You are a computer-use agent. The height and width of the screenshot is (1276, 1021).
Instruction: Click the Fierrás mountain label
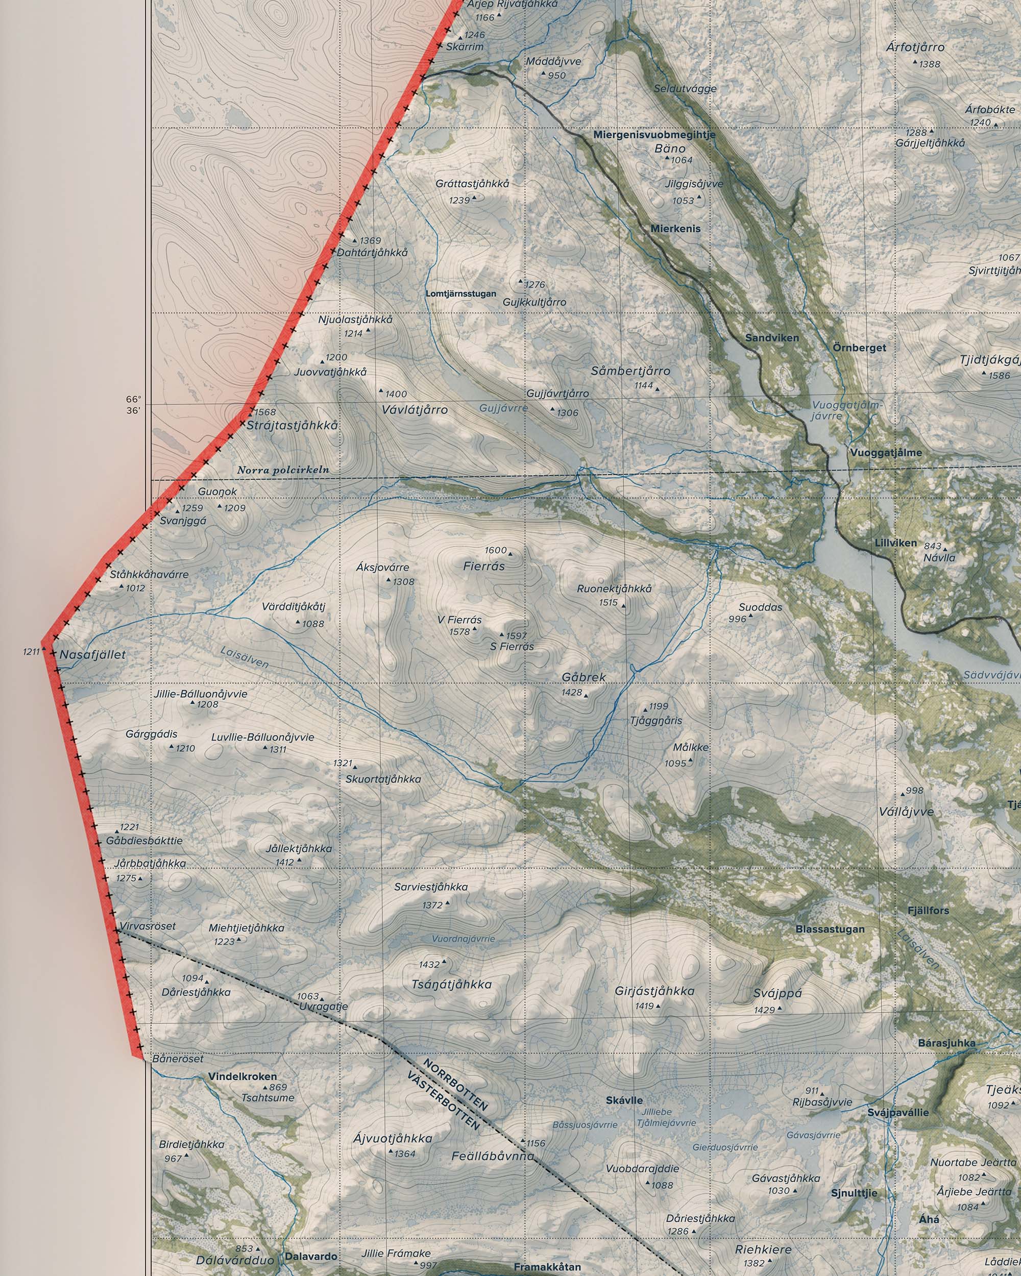point(483,567)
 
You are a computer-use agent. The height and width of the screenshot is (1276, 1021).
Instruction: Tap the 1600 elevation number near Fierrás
point(495,550)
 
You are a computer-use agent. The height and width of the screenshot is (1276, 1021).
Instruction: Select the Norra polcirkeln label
point(283,471)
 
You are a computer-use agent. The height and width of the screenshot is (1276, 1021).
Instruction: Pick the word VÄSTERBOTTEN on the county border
point(445,1101)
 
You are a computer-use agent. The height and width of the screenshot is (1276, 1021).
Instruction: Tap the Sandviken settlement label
point(772,338)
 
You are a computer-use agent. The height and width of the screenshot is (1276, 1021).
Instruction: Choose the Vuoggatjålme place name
point(886,453)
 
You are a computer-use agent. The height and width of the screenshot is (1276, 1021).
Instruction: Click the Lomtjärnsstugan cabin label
point(461,293)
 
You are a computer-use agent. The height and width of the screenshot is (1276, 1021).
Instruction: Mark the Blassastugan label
point(830,929)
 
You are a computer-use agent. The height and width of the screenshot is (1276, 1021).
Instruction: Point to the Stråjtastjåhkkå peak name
point(293,426)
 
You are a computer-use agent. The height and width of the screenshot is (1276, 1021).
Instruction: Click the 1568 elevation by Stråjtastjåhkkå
point(265,412)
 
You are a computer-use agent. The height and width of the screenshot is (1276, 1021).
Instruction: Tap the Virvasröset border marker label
point(148,926)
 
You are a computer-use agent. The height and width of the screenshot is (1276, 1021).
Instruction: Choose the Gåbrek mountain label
point(584,677)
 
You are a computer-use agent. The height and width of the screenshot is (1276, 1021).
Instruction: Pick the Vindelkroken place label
point(242,1076)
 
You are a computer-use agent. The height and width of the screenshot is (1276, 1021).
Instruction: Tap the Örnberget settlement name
point(859,348)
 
